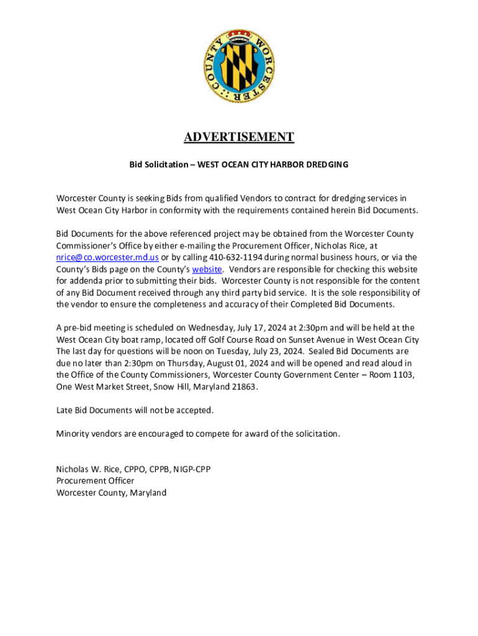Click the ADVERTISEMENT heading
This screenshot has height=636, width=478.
tap(239, 137)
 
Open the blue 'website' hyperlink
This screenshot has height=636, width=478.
tap(207, 269)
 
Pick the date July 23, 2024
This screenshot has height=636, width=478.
tap(279, 352)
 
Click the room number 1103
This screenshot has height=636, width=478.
tap(402, 375)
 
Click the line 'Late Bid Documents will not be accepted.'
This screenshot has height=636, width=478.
tap(135, 411)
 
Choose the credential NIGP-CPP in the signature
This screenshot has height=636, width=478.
tap(192, 470)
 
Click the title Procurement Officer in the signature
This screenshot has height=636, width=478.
tap(95, 481)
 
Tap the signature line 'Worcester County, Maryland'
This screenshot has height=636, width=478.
tap(111, 493)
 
